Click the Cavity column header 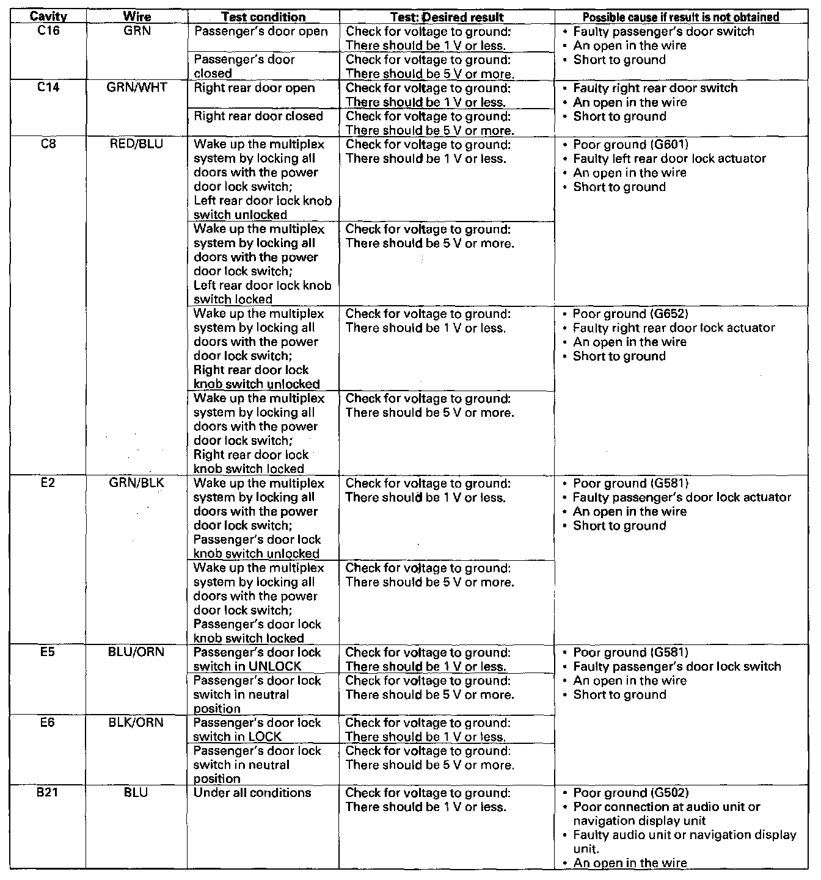48,17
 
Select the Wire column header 137,17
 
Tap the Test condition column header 263,17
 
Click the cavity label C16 48,31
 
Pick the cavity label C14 48,87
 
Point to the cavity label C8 48,144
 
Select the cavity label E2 48,483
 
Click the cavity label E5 48,652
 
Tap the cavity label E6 48,722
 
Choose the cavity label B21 48,792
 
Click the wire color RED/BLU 137,144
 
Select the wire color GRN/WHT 137,87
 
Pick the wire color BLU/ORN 137,652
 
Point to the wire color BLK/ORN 137,722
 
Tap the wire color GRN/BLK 137,483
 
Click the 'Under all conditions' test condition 252,793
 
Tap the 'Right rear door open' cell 254,88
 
